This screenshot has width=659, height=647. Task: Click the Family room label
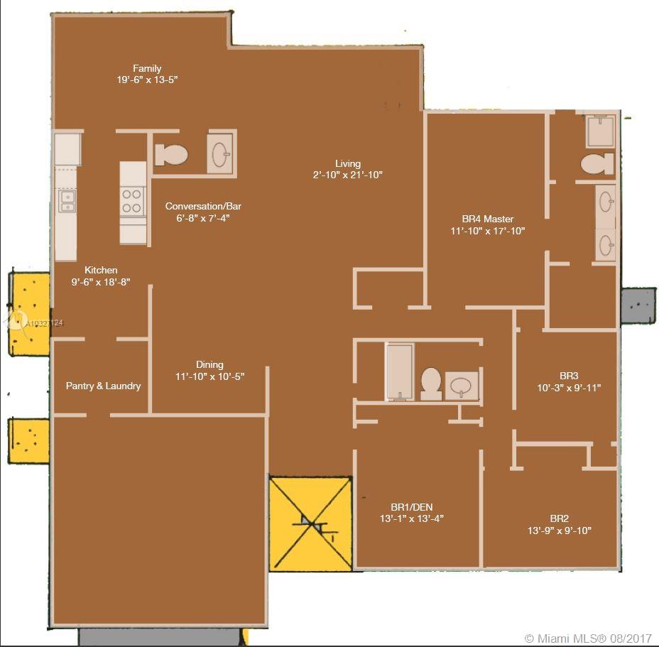pos(147,68)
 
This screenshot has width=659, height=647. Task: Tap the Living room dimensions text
pos(347,175)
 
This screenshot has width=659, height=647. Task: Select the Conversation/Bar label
pos(203,206)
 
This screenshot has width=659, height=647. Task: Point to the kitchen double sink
pos(67,200)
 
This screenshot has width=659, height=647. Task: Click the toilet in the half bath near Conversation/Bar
pos(171,155)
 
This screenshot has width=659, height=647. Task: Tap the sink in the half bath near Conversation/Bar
pos(220,154)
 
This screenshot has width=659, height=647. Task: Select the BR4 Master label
pos(488,219)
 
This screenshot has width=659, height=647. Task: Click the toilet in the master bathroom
pos(597,163)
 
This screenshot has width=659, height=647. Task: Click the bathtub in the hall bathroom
pos(400,371)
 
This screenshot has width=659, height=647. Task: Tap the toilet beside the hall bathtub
pos(431,384)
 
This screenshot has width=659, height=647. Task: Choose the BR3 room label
pos(569,376)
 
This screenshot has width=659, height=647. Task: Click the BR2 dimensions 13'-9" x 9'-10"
pos(560,531)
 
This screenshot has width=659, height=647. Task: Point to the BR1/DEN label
pos(411,507)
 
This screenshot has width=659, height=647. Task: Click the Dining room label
pos(209,364)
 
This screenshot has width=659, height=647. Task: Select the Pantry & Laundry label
pos(104,386)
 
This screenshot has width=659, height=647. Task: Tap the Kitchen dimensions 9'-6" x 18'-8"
pos(101,282)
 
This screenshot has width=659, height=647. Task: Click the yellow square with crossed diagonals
pos(310,524)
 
